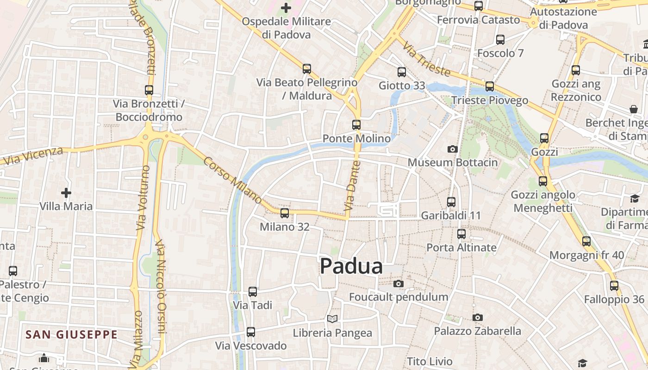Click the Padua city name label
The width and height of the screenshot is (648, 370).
351,266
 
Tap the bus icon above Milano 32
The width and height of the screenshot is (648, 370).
285,213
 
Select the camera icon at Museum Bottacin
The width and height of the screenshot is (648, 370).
452,149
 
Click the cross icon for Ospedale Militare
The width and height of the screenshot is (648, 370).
286,7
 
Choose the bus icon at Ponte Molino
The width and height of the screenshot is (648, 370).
356,125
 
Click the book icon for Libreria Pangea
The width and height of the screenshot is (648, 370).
332,319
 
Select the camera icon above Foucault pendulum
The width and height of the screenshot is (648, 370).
398,284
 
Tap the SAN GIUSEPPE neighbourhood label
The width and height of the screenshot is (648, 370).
71,334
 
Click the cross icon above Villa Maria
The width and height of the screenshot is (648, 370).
66,192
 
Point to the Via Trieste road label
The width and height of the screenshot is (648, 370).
426,59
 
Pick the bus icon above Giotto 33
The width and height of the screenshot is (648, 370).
401,72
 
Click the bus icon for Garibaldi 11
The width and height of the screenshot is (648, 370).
451,202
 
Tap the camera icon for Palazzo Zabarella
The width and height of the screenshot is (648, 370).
477,317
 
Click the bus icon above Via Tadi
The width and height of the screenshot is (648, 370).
252,292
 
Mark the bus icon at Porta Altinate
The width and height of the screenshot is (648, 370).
461,234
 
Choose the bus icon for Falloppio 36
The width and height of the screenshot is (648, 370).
614,286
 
